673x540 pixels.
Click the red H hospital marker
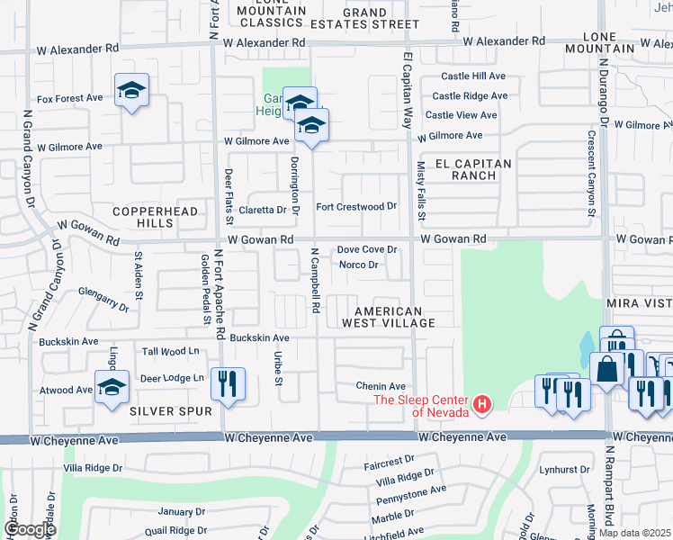(481, 405)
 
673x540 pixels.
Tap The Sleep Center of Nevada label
(421, 406)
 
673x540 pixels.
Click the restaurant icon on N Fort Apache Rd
(227, 384)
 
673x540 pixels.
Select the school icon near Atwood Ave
(112, 387)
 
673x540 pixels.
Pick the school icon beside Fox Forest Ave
(131, 90)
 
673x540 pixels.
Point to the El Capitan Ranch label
(472, 169)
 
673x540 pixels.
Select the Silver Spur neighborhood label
(170, 411)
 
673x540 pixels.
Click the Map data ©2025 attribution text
(633, 533)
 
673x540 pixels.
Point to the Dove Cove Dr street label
(367, 250)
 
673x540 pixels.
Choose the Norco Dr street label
(358, 265)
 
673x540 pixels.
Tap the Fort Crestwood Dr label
(356, 206)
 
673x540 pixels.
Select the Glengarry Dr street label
(103, 298)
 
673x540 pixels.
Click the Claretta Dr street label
(268, 210)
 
